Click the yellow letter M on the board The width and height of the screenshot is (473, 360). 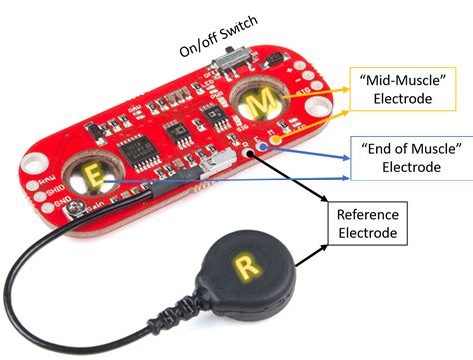[259, 101]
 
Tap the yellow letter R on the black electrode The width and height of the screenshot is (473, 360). [244, 265]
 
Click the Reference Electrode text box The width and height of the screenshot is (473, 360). [367, 224]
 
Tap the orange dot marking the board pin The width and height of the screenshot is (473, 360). [275, 142]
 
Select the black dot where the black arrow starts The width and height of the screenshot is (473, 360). [247, 155]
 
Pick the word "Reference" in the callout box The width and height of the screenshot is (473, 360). [367, 215]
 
